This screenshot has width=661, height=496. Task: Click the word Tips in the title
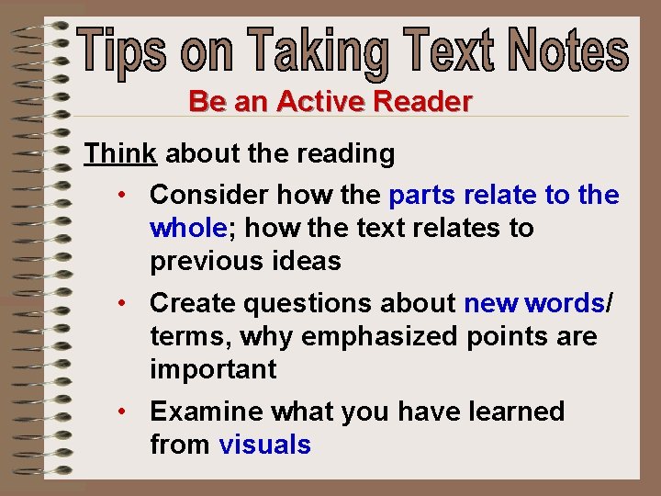tap(123, 52)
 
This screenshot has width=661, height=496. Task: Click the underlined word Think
tap(120, 153)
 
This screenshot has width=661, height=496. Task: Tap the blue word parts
tap(423, 196)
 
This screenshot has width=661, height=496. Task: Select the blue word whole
tap(188, 228)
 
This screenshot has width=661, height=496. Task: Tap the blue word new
tap(491, 303)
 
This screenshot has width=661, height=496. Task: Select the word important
tap(213, 369)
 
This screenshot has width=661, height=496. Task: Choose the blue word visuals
tap(265, 445)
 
